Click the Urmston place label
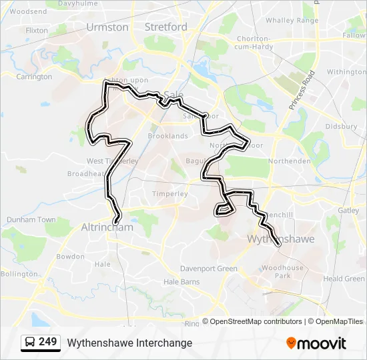point(107,27)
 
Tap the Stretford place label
point(166,27)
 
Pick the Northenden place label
point(289,161)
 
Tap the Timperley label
point(169,193)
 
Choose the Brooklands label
point(167,136)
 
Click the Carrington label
point(34,77)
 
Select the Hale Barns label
point(181,282)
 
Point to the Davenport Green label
point(209,269)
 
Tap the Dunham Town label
point(31,219)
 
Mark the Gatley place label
point(348,210)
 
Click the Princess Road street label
point(302,91)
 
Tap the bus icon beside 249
point(30,342)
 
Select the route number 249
point(48,342)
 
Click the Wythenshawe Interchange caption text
point(129,343)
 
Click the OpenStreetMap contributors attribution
point(256,321)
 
